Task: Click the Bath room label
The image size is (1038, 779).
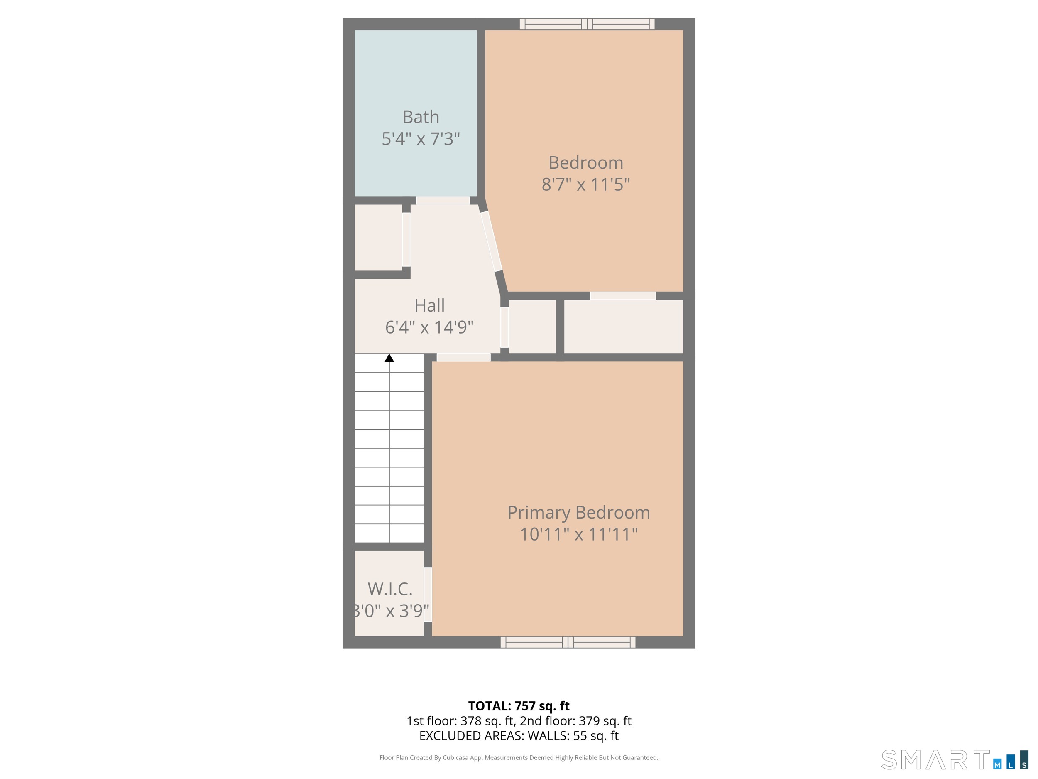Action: [421, 117]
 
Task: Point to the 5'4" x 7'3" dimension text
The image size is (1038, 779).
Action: [421, 139]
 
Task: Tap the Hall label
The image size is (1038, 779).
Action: [429, 306]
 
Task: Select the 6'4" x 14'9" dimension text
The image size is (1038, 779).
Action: [429, 327]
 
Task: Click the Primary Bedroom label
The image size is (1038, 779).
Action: [579, 512]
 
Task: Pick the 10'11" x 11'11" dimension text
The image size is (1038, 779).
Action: [579, 534]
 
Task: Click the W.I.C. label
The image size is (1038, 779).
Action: [390, 589]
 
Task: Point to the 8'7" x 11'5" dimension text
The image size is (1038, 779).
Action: [585, 184]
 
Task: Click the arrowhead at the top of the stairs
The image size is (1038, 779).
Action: [389, 358]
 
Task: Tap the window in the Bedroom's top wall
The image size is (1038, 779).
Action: [587, 24]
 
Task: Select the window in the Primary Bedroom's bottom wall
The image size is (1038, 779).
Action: [568, 642]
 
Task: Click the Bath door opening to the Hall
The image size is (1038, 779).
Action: [443, 201]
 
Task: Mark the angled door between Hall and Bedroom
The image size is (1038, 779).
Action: [491, 241]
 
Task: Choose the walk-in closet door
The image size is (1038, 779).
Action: [428, 595]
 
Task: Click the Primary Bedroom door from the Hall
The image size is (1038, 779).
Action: [464, 357]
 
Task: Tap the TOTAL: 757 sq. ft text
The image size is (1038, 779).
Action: [519, 706]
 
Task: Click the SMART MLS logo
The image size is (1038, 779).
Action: [955, 760]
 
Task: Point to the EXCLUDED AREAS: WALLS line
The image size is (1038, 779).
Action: [519, 736]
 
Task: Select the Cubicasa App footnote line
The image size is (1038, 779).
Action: [519, 757]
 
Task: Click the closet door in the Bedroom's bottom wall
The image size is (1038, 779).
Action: [623, 296]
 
